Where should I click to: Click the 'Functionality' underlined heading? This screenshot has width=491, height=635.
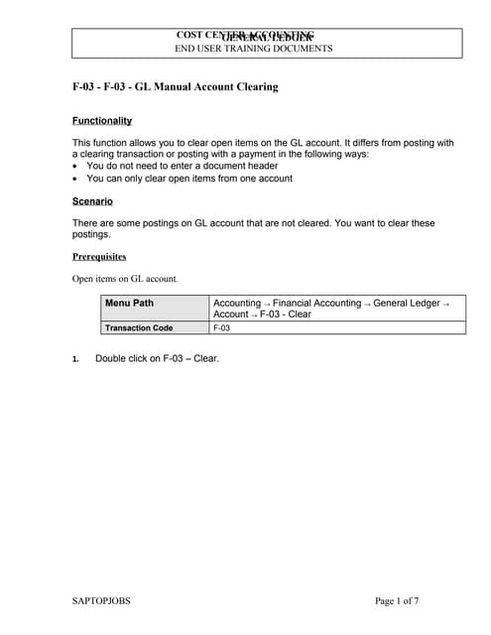point(102,121)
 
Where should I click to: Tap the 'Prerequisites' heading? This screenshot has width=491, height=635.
point(99,256)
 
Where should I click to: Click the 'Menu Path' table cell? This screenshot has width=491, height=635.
point(130,303)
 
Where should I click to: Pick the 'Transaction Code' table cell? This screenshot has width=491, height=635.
point(140,327)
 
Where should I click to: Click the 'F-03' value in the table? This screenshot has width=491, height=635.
point(222,327)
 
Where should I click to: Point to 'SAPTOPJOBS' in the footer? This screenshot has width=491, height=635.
point(102,601)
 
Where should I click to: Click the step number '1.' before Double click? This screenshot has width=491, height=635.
point(76,359)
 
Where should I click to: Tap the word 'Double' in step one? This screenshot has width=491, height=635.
point(111,358)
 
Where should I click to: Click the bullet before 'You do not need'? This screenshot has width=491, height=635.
point(76,167)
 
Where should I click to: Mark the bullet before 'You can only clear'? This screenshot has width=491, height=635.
point(76,180)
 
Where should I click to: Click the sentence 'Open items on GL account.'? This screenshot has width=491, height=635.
point(125,279)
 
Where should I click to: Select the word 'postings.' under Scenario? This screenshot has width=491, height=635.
point(93,235)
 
